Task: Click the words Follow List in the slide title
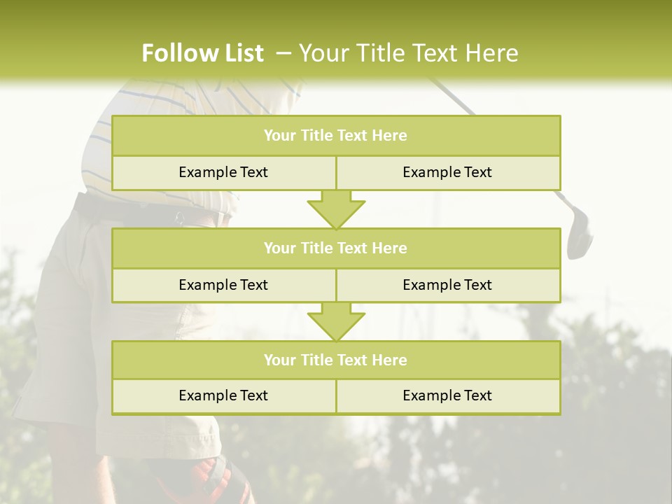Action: [202, 53]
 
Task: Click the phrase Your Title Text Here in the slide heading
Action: [409, 53]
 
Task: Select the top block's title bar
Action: [336, 136]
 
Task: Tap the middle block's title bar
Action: [336, 248]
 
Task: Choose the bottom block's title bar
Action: [336, 360]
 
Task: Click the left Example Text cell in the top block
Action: [223, 172]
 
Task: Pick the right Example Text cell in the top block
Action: [447, 172]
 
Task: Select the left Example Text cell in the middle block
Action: [223, 285]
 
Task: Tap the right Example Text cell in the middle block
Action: [447, 285]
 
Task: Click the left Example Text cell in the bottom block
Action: [223, 395]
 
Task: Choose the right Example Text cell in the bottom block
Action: [447, 395]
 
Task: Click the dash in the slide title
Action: [284, 53]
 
